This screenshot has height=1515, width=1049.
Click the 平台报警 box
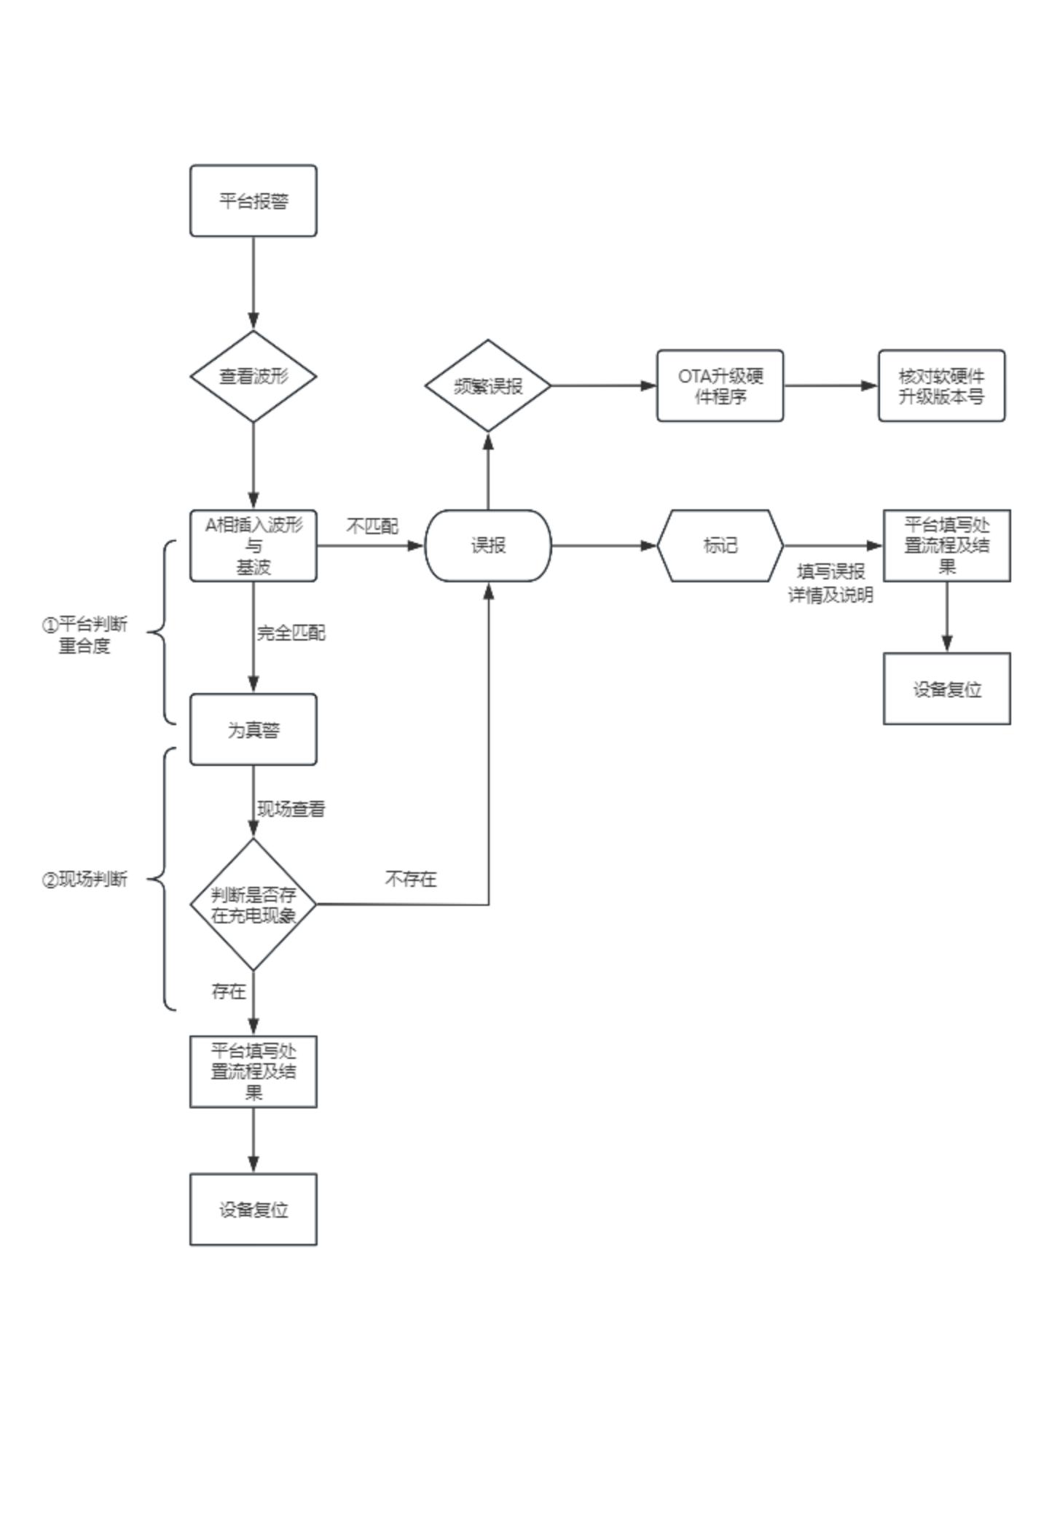253,200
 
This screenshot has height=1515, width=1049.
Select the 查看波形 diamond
253,376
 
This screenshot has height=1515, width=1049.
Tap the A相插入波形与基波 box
253,545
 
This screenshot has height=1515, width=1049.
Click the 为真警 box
253,729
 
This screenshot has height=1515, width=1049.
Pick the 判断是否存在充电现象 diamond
253,904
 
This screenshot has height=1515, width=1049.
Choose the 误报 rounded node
487,545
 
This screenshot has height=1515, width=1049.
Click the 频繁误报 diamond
487,385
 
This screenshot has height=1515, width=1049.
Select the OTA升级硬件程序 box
720,385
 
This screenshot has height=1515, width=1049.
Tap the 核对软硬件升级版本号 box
941,385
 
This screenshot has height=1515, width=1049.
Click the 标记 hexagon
720,545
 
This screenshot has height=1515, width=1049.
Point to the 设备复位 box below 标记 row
946,689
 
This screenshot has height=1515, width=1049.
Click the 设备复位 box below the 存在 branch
253,1209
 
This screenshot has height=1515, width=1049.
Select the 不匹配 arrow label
372,526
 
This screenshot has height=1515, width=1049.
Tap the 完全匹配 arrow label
291,633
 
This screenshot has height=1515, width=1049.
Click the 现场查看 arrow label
291,809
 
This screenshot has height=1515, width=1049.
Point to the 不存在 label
410,879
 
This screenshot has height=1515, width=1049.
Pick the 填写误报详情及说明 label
830,583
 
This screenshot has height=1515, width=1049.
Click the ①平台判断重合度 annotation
85,635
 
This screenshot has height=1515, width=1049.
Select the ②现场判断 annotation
85,880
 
